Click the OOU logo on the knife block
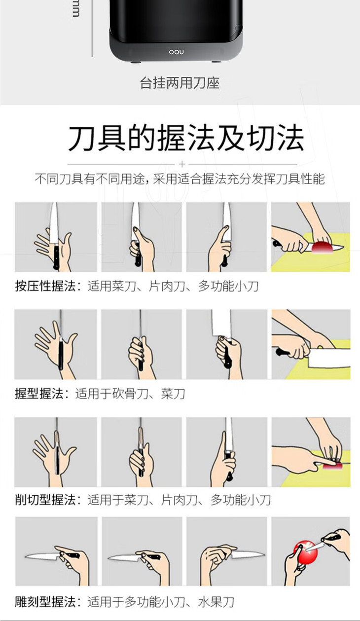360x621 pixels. (176, 52)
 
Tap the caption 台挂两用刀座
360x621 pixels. (180, 83)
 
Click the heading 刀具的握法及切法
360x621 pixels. (186, 138)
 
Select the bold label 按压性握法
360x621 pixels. (45, 286)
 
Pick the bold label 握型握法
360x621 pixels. (39, 394)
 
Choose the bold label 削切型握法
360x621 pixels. (45, 500)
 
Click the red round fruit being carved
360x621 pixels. (305, 551)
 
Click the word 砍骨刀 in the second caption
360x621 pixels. (130, 394)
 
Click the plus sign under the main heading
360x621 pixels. (182, 164)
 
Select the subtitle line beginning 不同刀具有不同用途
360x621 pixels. (180, 179)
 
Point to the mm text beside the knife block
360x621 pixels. (76, 9)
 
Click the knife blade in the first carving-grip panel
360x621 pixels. (42, 556)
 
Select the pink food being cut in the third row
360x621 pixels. (332, 466)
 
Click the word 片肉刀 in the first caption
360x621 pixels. (167, 286)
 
